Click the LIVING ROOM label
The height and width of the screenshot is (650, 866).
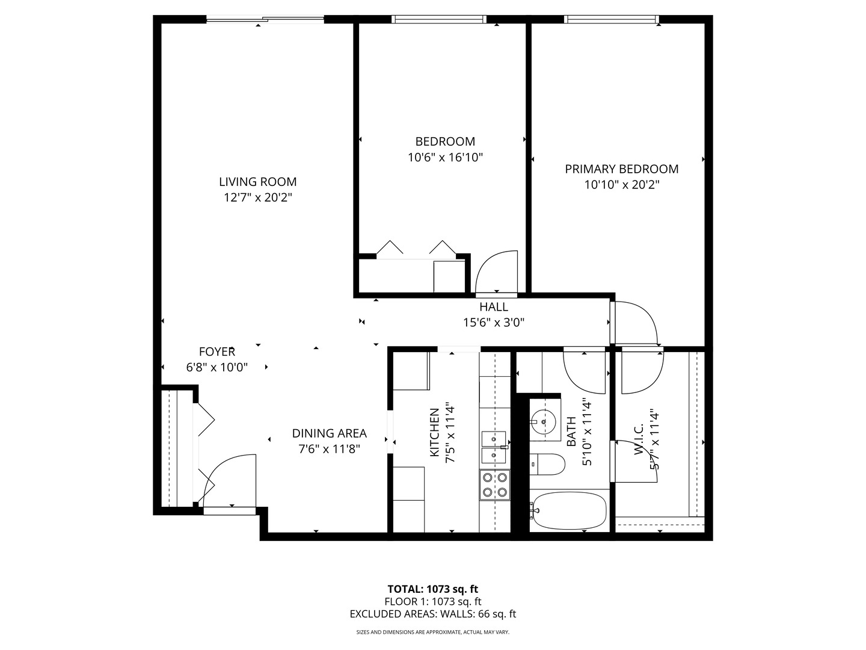(x=257, y=182)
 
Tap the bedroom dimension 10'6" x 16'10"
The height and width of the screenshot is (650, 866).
(x=445, y=158)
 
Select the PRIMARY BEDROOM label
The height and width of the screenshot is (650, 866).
(x=621, y=169)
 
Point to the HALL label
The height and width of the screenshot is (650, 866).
(x=493, y=307)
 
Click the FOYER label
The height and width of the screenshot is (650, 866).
(x=217, y=352)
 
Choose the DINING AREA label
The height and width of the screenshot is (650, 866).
(x=329, y=433)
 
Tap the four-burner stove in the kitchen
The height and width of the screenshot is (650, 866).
(x=494, y=485)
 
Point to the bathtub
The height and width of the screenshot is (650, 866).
(x=568, y=511)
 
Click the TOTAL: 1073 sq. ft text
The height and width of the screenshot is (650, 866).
(x=432, y=589)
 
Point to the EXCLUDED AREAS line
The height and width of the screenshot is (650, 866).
(x=432, y=614)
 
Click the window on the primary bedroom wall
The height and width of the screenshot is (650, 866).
(x=612, y=19)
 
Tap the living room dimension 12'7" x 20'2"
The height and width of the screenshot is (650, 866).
(x=257, y=197)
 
